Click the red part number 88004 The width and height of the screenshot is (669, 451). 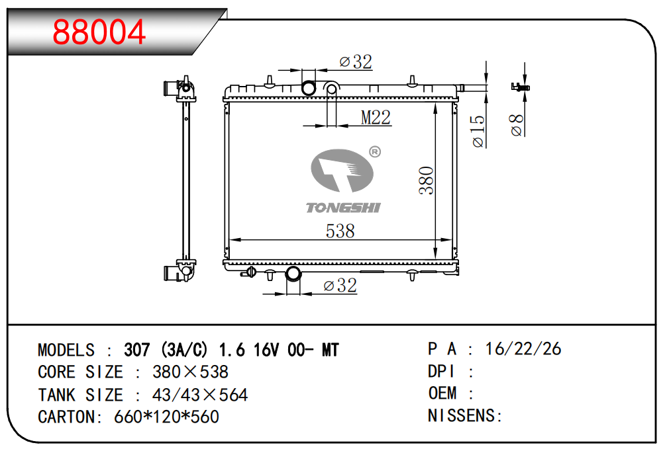coord(99,32)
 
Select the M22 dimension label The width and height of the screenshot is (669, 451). coord(376,118)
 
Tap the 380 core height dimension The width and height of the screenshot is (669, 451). coord(426,181)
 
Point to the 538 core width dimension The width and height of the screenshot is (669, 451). coord(340,231)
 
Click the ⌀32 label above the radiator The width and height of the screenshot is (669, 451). coord(356,61)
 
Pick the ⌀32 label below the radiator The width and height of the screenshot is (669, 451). coord(340,285)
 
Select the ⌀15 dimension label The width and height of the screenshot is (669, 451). coord(478,131)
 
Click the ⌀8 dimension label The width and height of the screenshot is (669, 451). coord(517,125)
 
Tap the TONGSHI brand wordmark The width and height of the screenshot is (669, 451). coord(343,208)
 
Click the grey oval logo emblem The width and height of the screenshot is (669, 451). coord(342,171)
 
